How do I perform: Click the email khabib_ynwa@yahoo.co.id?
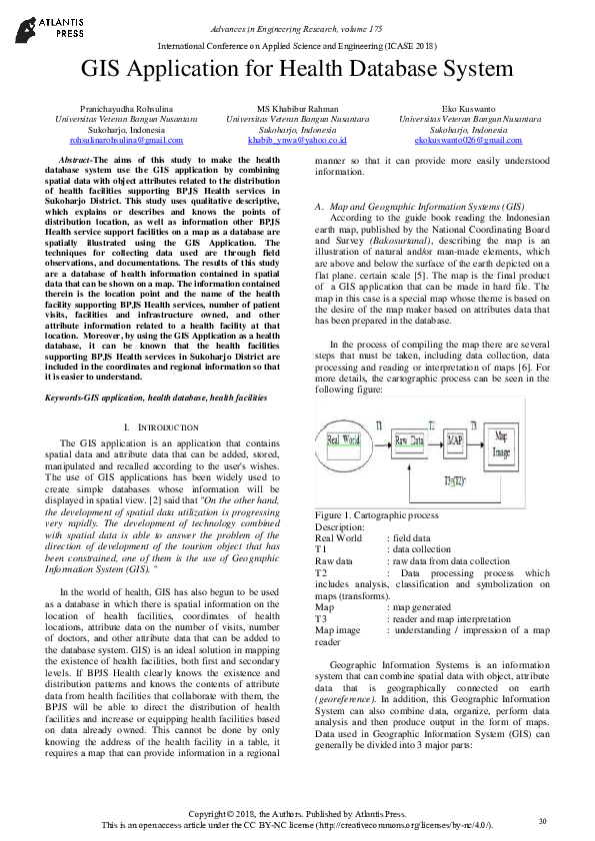297,141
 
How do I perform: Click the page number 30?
542,821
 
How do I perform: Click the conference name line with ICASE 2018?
297,47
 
